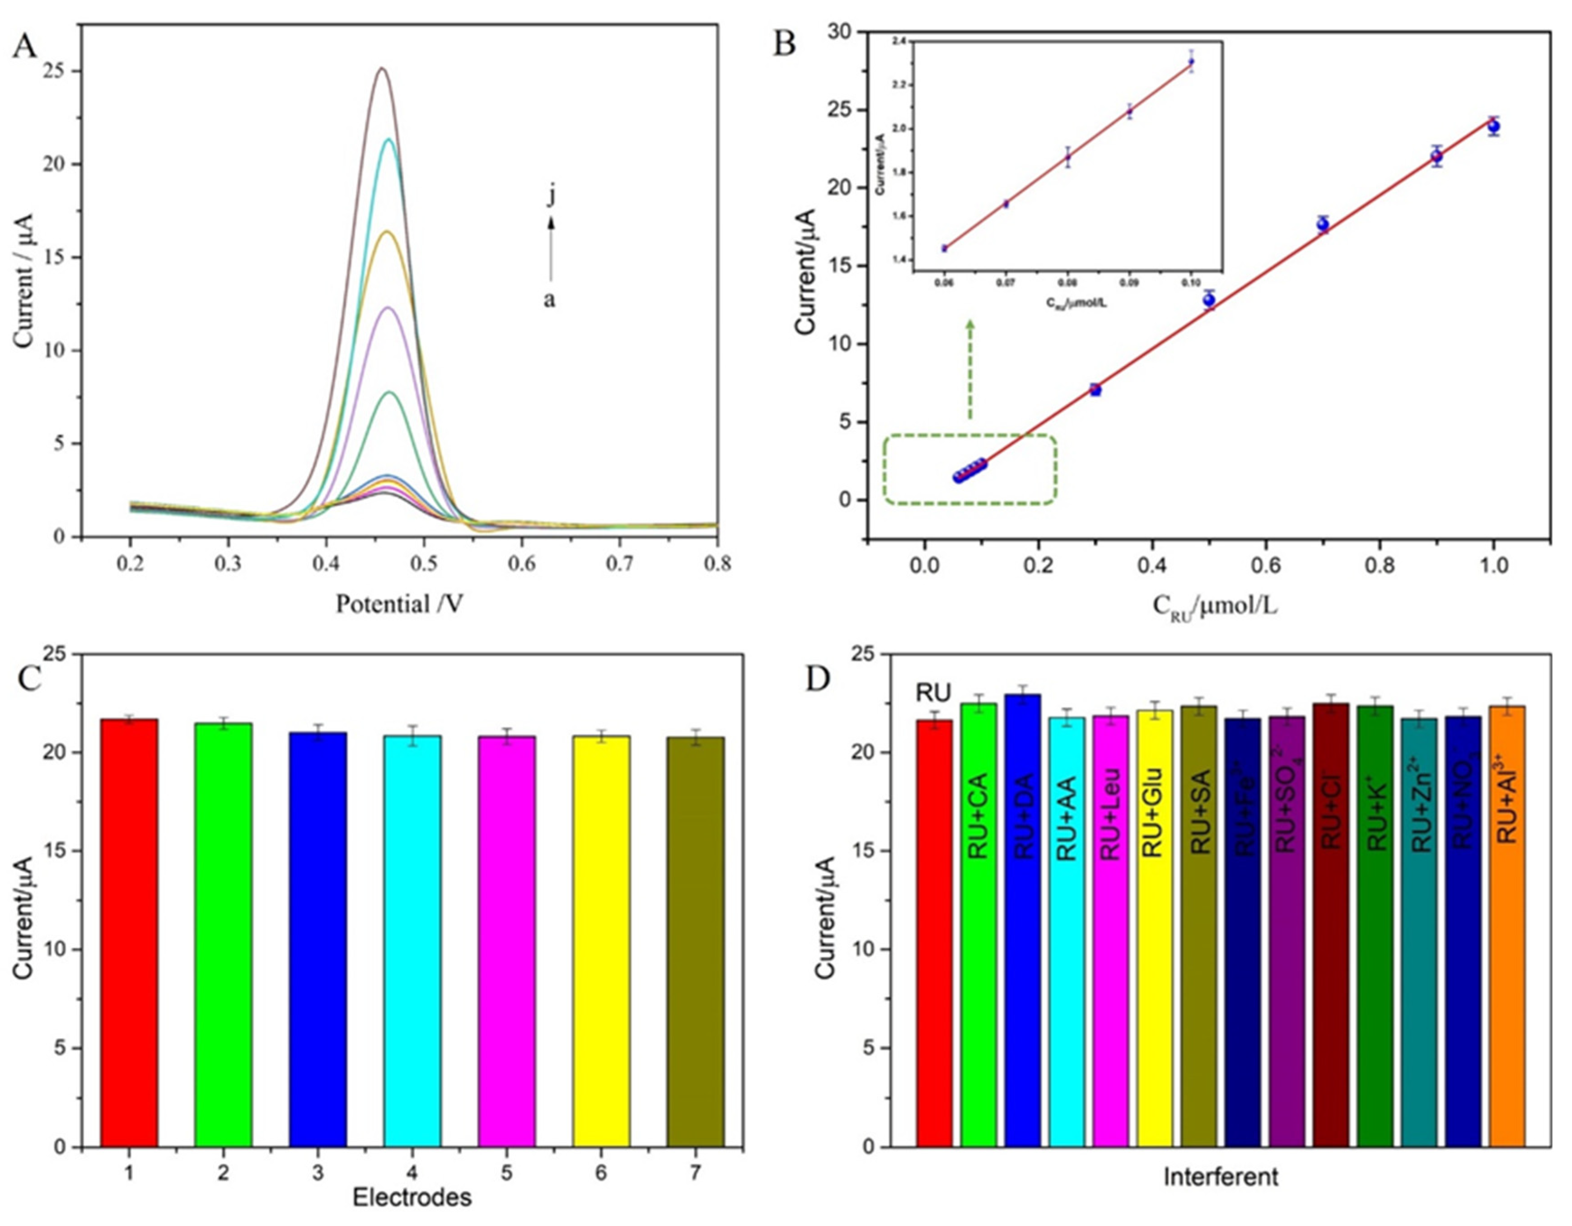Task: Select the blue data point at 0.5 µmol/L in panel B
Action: tap(1209, 300)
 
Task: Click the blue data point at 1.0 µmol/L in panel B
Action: tap(1493, 126)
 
